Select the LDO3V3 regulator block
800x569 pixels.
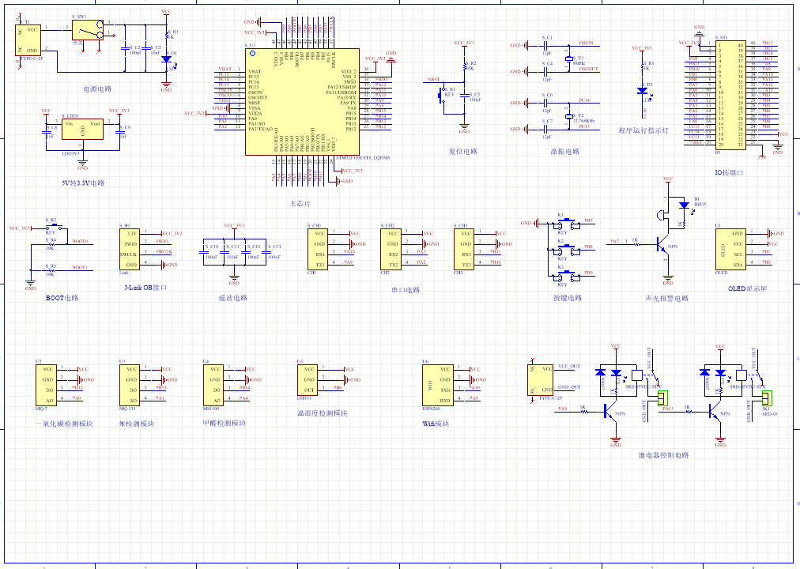[81, 130]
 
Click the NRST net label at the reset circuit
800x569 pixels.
[433, 80]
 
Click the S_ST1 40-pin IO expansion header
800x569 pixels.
[730, 94]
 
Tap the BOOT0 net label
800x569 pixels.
[80, 241]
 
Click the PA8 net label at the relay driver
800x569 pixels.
[563, 409]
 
